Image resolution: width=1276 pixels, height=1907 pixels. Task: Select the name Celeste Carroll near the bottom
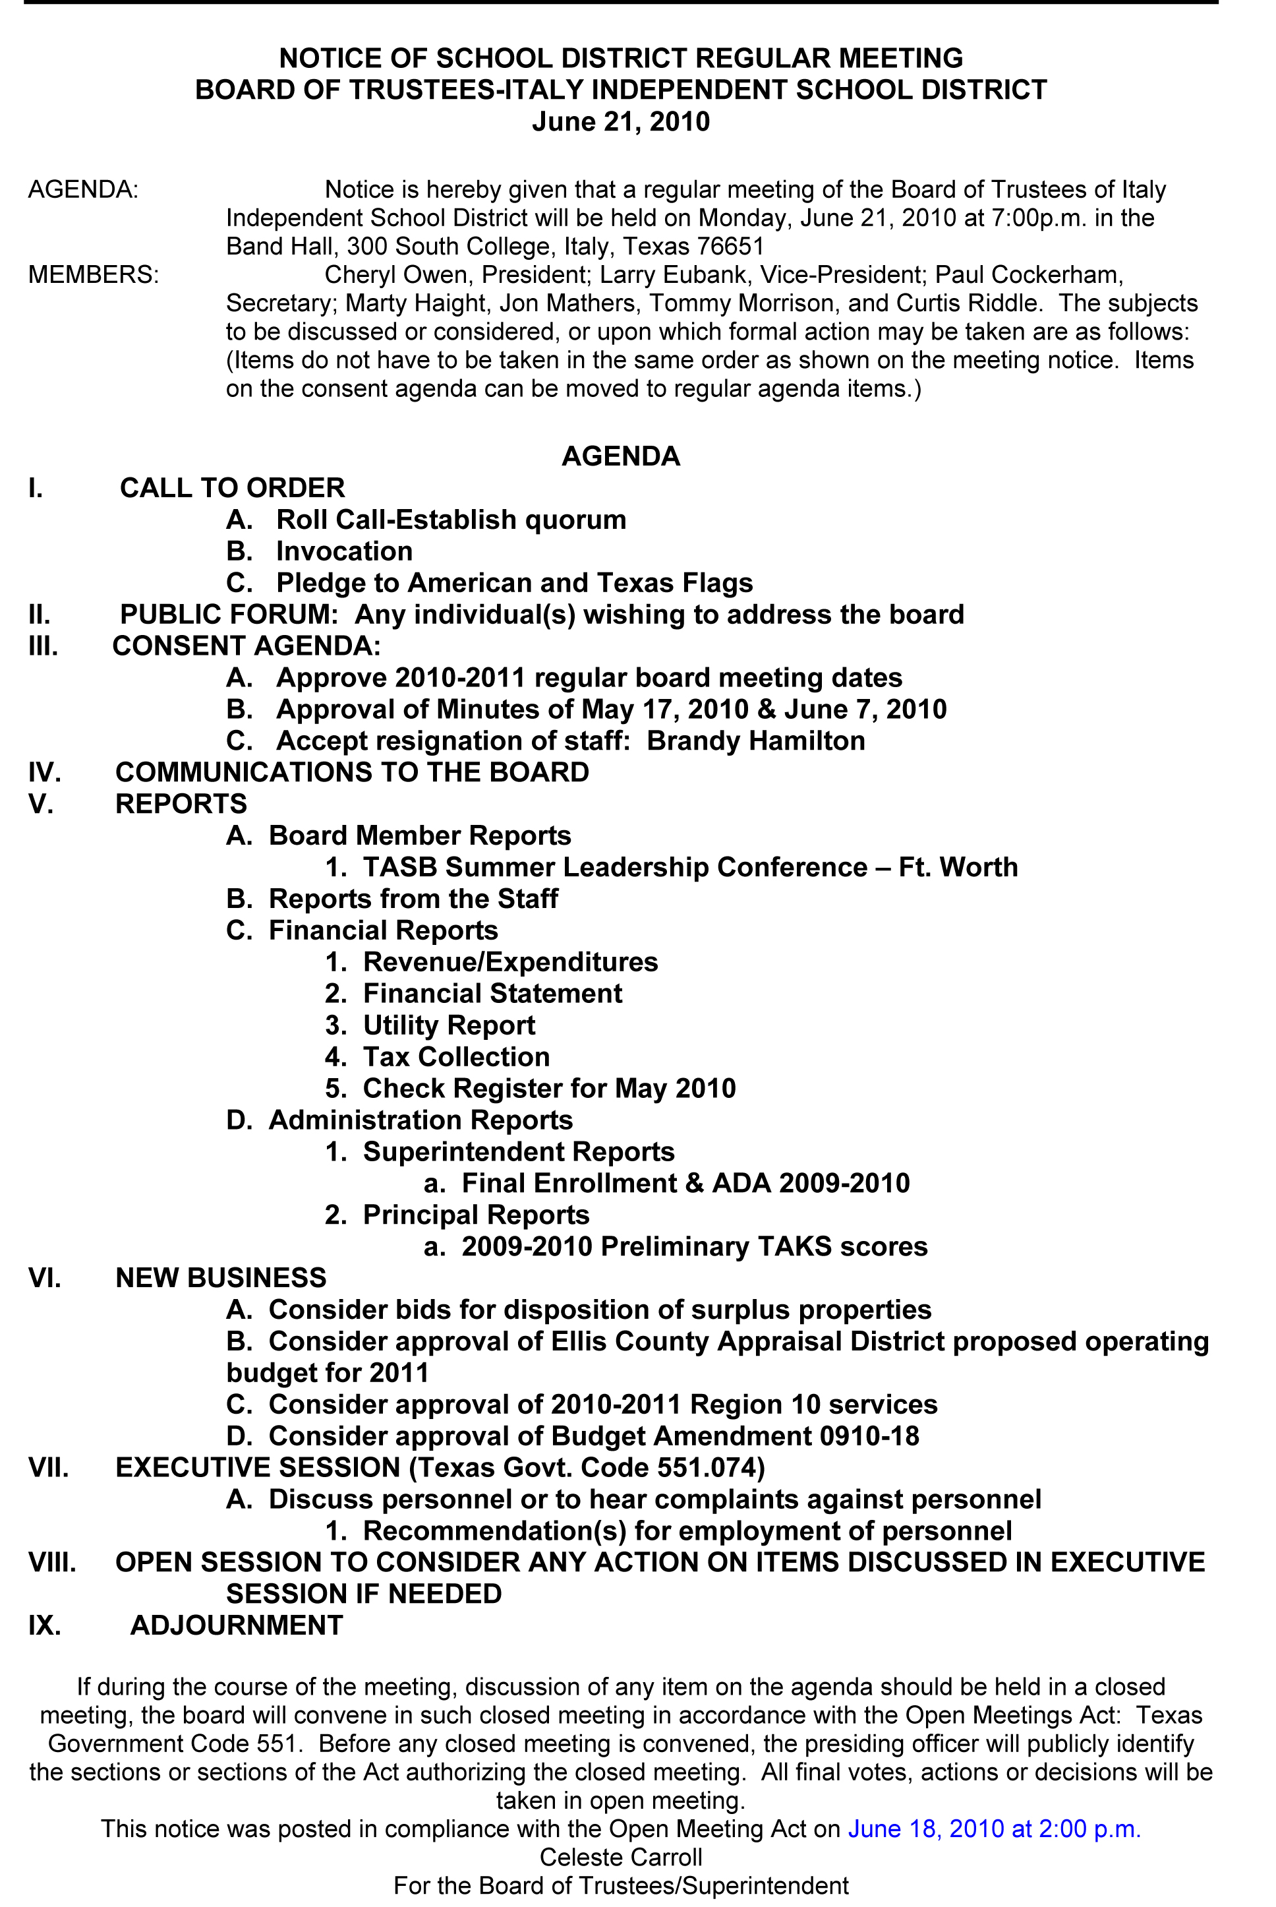[x=620, y=1858]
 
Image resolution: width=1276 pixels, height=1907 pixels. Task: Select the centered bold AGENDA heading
[x=620, y=456]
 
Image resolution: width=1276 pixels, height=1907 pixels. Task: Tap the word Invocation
[x=344, y=551]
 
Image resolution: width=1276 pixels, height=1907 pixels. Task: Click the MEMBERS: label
[x=94, y=274]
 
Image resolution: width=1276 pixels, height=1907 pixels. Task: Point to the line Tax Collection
[x=455, y=1056]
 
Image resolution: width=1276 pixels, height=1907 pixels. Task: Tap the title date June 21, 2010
[x=620, y=121]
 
